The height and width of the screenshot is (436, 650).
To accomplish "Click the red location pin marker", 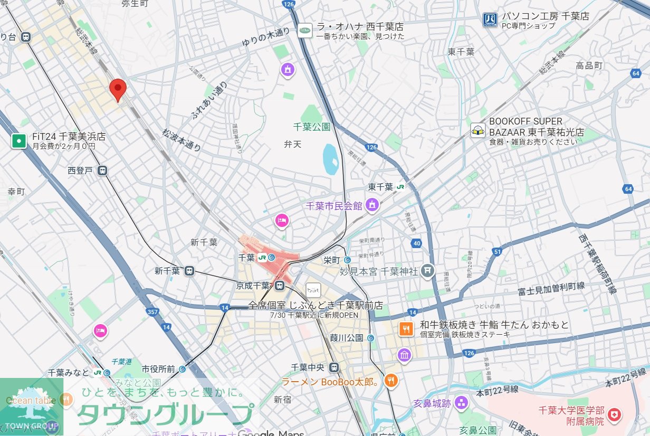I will tap(118, 89).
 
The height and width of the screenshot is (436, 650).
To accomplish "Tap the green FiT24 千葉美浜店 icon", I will tap(19, 141).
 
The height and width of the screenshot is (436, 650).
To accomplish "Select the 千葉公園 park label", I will tap(311, 127).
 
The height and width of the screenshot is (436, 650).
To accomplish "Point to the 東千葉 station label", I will tap(380, 187).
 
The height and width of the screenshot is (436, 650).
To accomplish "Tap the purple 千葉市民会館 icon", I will tap(372, 205).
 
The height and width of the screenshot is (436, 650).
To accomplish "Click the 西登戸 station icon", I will tap(102, 170).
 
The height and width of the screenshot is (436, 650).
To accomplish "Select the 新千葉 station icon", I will tap(189, 271).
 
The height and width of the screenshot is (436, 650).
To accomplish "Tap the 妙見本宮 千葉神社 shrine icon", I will tap(428, 271).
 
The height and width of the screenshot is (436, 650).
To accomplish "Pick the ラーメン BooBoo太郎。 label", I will tap(331, 381).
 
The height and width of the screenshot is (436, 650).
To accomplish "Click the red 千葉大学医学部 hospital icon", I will tap(614, 415).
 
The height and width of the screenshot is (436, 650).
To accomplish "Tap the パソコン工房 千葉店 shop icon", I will tap(490, 20).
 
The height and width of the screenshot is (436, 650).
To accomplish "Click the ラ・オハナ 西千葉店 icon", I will tap(305, 31).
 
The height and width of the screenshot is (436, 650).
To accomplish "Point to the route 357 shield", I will tap(152, 312).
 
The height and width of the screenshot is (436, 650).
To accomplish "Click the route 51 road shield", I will tap(497, 252).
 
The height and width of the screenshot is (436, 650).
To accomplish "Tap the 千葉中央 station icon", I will tap(333, 367).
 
